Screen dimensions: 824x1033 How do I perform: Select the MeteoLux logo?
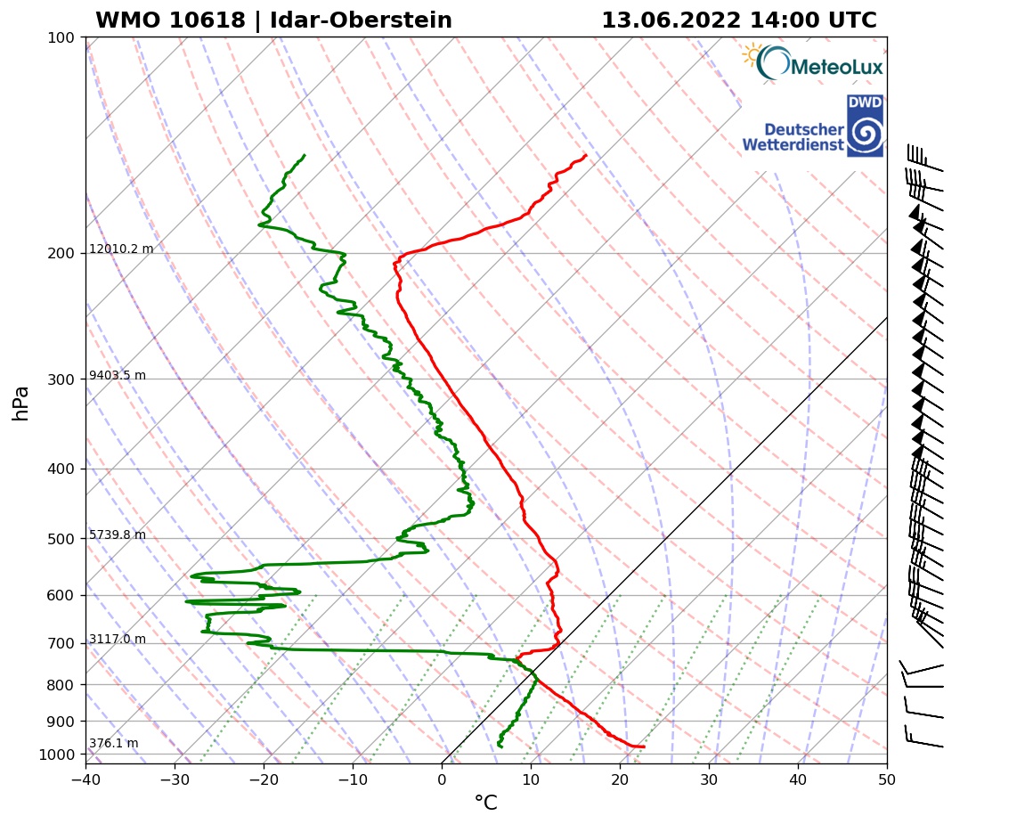click(x=812, y=64)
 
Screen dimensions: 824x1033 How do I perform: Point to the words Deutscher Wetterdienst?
click(x=793, y=136)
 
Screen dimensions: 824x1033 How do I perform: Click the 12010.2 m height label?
click(x=121, y=249)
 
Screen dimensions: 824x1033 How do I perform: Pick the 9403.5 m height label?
click(x=118, y=376)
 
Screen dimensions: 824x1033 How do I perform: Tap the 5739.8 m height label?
click(x=118, y=535)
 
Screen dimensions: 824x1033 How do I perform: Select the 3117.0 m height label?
click(x=118, y=640)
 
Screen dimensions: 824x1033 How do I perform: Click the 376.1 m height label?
click(x=113, y=744)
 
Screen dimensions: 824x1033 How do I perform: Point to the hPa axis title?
click(x=21, y=403)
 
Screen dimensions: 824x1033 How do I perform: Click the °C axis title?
click(x=485, y=804)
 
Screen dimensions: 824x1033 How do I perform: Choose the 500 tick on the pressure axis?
click(x=60, y=539)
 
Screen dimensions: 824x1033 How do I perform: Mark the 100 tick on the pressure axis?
click(x=60, y=37)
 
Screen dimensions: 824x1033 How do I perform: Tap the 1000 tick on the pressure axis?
click(x=57, y=755)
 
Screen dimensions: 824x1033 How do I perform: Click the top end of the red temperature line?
click(x=586, y=156)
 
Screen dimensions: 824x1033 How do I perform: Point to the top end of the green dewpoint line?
click(x=305, y=155)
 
